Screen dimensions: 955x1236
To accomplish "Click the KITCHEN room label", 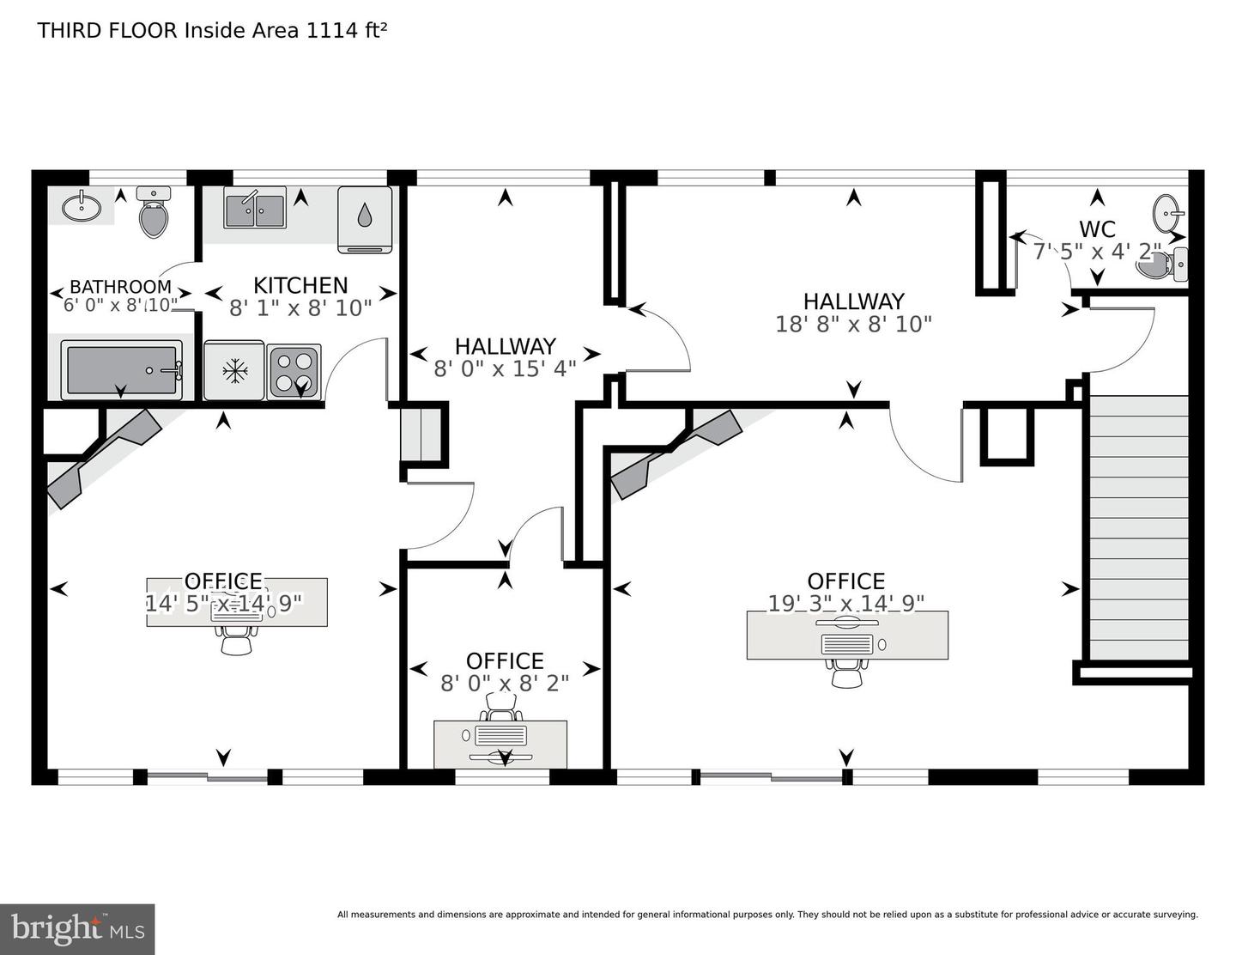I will (x=300, y=285).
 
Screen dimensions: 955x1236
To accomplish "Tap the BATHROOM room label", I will (x=120, y=287).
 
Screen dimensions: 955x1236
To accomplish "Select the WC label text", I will (x=1097, y=229).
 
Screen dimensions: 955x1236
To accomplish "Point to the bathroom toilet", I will (x=154, y=215).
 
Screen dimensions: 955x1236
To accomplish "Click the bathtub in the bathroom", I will (x=121, y=370).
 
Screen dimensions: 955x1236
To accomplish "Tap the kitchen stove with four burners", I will (x=294, y=372).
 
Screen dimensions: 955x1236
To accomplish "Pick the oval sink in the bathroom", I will (x=82, y=206).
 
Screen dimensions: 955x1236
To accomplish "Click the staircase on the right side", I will (x=1138, y=527).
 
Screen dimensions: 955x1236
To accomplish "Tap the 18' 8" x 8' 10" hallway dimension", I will (x=853, y=324).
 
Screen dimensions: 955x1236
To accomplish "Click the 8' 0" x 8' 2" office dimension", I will (x=505, y=683).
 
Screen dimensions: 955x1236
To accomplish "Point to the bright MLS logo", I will (x=77, y=928).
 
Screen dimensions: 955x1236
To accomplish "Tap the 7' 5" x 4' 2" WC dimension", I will (x=1097, y=252).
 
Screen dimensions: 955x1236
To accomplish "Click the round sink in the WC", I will (x=1166, y=212).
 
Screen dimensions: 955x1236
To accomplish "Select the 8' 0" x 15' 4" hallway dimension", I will (x=505, y=368).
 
